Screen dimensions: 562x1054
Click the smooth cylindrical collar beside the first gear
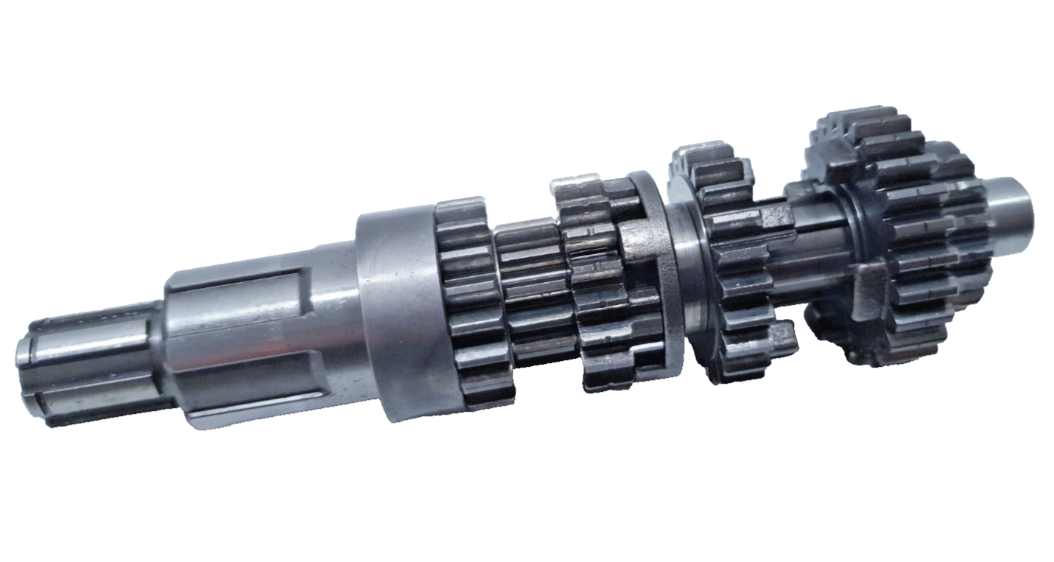pos(398,309)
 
